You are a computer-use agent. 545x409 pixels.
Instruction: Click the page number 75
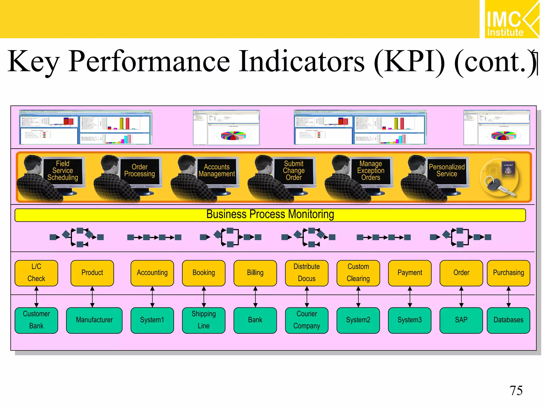(x=516, y=391)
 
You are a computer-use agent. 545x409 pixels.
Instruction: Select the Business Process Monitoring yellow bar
(x=270, y=215)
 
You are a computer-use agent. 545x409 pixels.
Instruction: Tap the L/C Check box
(x=36, y=273)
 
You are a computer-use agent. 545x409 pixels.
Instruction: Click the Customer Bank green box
(x=36, y=320)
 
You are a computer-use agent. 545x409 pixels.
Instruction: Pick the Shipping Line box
(x=204, y=320)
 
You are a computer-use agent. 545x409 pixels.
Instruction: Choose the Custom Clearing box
(x=358, y=273)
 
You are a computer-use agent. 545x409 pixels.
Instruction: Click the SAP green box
(x=461, y=320)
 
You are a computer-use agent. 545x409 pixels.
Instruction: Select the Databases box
(x=508, y=320)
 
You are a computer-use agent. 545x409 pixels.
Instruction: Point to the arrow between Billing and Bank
(x=255, y=297)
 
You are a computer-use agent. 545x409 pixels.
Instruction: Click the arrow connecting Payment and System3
(x=410, y=297)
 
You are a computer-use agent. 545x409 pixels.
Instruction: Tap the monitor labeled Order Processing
(x=140, y=171)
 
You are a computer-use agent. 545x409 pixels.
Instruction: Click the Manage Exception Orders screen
(x=371, y=171)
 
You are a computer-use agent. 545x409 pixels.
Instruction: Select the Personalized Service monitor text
(x=447, y=170)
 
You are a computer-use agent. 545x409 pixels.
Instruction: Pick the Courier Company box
(x=307, y=320)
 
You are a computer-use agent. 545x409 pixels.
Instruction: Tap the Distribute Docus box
(x=307, y=273)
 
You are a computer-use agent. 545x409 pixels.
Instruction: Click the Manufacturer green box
(x=94, y=320)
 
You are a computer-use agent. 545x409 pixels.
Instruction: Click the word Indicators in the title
(x=301, y=62)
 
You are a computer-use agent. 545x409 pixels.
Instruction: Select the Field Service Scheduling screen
(x=63, y=171)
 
